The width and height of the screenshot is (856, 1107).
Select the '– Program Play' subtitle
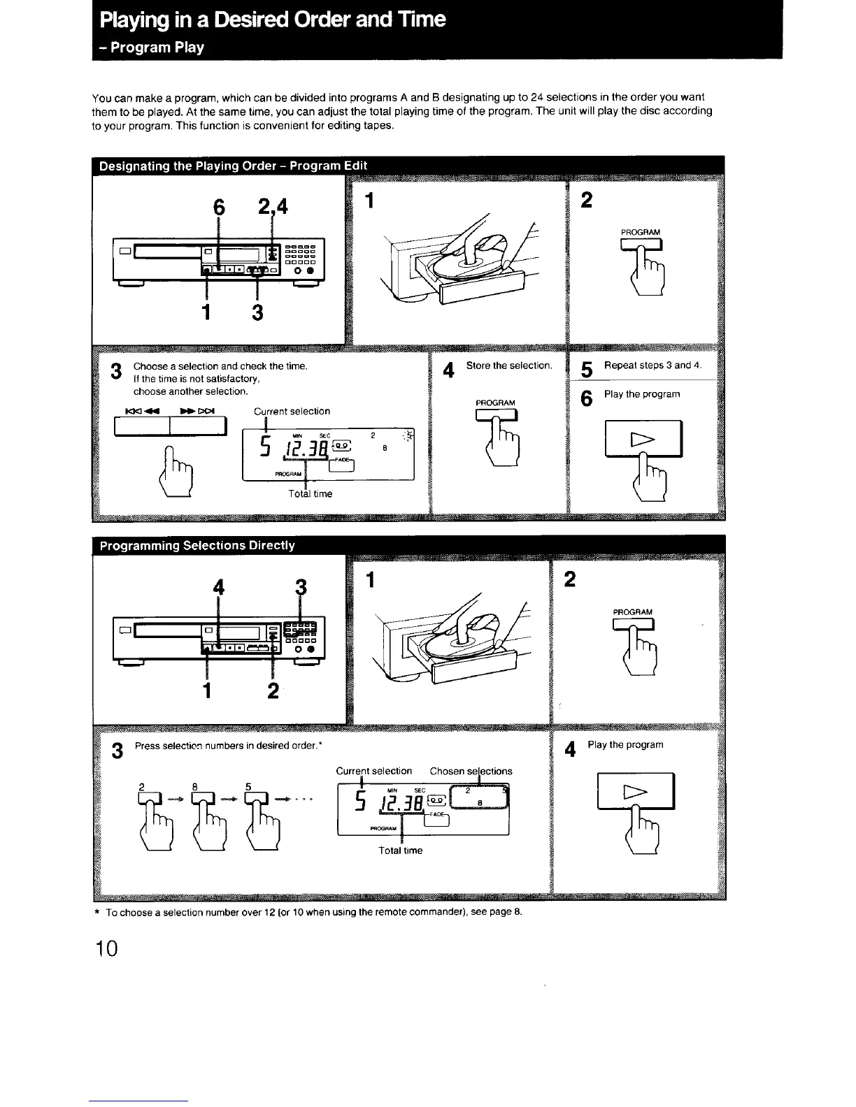152,48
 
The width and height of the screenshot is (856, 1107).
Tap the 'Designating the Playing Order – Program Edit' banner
233,166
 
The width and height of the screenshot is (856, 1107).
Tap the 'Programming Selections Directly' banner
197,545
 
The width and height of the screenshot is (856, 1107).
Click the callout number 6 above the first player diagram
220,207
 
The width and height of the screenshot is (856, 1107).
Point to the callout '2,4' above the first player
272,207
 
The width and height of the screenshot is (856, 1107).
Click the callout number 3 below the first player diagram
257,313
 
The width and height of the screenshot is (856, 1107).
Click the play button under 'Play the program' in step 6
643,439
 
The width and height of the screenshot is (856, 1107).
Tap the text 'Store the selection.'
508,366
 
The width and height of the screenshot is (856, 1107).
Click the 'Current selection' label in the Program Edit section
292,411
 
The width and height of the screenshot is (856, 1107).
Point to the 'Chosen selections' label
471,771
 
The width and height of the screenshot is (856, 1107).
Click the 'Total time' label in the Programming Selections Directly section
401,851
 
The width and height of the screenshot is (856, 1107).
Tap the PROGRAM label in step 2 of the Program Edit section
640,232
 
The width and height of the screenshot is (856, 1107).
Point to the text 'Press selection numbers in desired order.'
227,745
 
